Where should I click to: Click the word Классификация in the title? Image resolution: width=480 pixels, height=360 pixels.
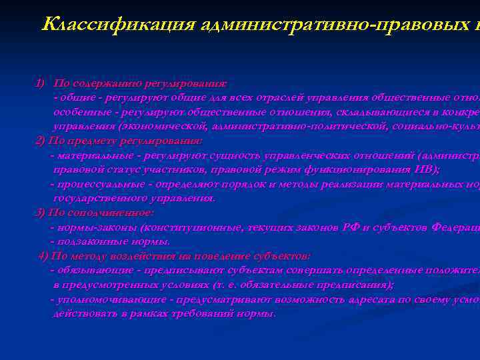tap(118, 25)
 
